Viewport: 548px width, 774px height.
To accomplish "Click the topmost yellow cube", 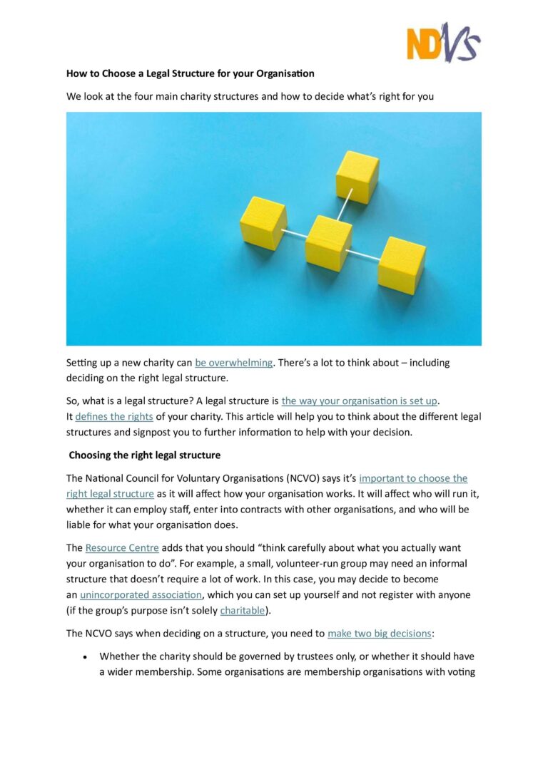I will [x=357, y=175].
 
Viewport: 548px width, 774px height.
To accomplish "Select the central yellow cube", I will [x=328, y=242].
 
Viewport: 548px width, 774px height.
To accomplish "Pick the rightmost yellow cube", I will [x=401, y=264].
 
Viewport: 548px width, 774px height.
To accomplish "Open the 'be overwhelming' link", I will [x=233, y=362].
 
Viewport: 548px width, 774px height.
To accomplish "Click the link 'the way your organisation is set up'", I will [x=359, y=401].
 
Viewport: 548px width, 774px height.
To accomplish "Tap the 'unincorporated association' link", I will [x=141, y=594].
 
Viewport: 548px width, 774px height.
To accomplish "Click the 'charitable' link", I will [x=242, y=610].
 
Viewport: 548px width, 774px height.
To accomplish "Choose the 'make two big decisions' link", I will [x=379, y=633].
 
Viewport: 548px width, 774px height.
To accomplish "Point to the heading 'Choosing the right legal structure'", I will [x=145, y=455].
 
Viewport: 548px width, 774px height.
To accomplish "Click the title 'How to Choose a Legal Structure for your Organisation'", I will [x=191, y=73].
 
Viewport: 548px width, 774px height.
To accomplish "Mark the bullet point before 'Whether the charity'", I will [x=86, y=656].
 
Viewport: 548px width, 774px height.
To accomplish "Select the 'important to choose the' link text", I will [x=413, y=478].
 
